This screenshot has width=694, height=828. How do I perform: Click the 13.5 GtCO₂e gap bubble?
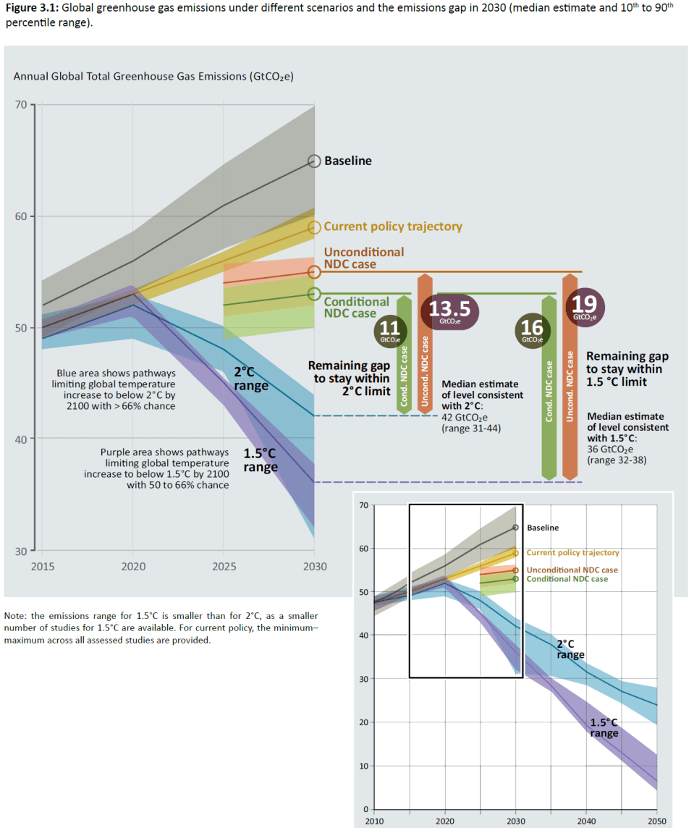click(449, 311)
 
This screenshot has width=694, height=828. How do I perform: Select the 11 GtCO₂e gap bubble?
click(389, 330)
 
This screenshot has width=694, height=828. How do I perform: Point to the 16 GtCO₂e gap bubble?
click(533, 330)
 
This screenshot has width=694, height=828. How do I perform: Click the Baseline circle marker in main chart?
click(314, 161)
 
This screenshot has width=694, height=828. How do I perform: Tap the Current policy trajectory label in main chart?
click(392, 227)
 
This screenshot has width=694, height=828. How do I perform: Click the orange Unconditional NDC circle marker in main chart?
click(314, 271)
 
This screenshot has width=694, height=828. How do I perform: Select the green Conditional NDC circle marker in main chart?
click(314, 294)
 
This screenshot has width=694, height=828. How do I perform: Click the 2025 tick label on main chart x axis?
click(223, 566)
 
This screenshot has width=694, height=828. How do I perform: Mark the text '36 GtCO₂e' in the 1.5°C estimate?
click(612, 449)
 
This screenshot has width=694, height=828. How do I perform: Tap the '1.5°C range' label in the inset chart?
click(604, 727)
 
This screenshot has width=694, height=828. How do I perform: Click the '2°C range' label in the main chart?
click(251, 379)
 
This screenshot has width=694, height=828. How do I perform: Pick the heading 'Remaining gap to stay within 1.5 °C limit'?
click(627, 368)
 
